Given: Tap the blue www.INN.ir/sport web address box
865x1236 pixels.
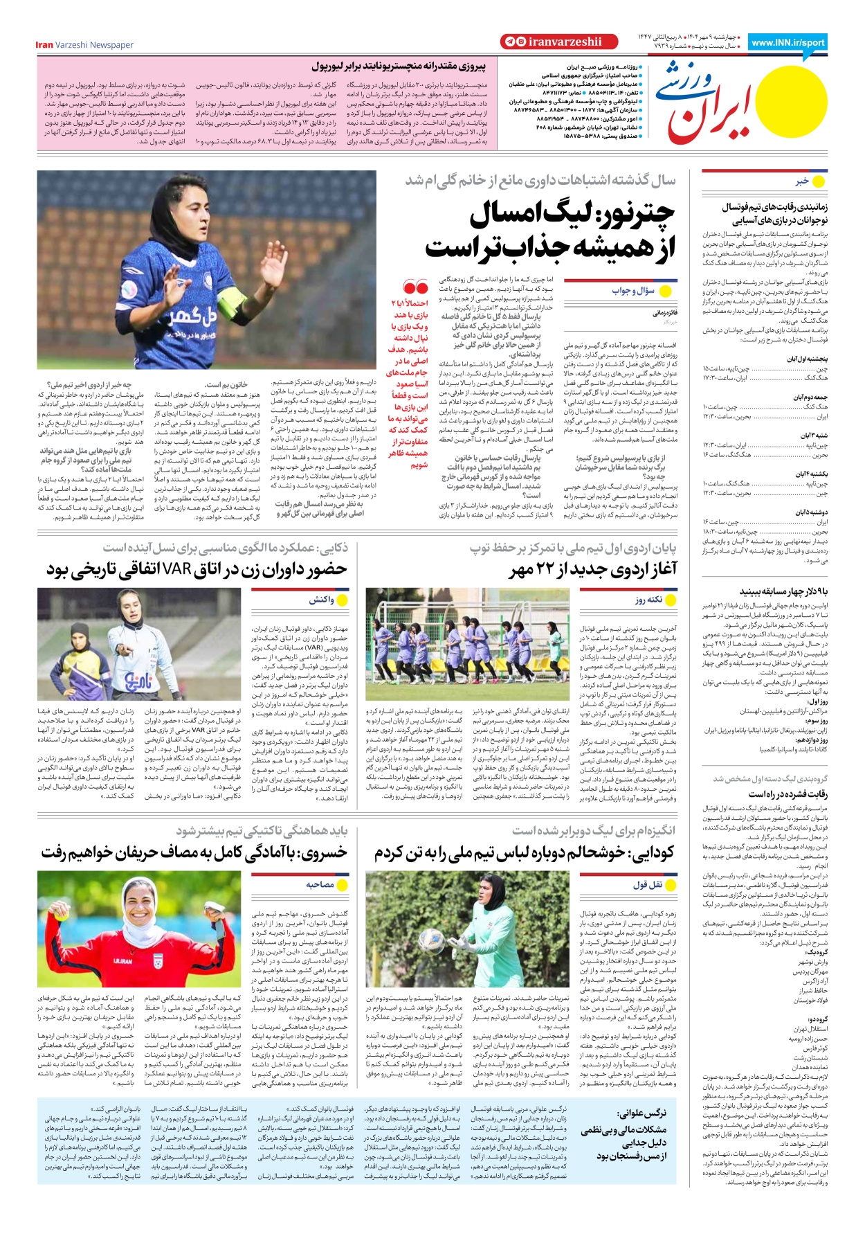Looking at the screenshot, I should [x=787, y=42].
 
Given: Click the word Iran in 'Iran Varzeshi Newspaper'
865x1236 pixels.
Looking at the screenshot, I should [x=44, y=45].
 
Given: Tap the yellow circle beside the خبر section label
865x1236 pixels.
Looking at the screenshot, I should [x=819, y=181].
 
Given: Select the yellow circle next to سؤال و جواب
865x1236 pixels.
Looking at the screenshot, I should [x=666, y=291].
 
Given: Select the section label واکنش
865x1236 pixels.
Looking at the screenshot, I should [x=322, y=600].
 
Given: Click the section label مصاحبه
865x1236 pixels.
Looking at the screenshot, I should [x=320, y=884].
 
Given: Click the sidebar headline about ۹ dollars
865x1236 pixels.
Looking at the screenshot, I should [x=783, y=591].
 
